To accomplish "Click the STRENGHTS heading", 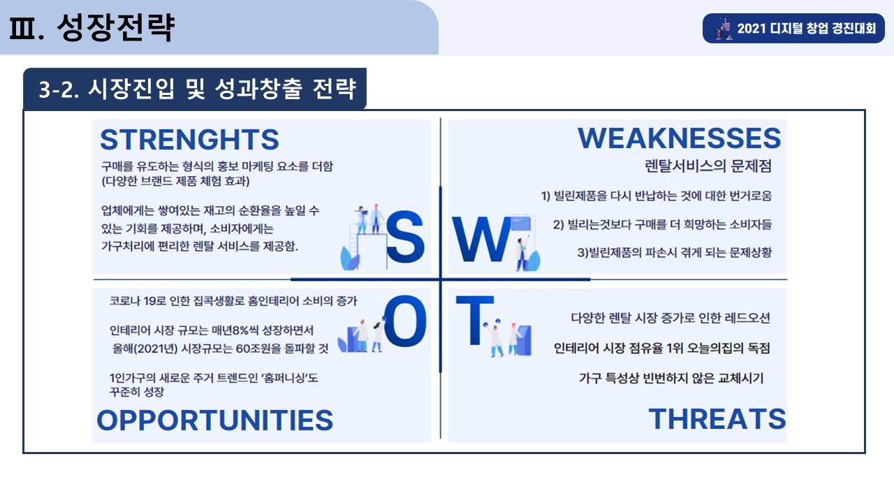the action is tap(189, 139).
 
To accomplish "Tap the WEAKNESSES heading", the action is tap(680, 138).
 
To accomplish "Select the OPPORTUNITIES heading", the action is tap(214, 421).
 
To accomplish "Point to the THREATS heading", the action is tap(717, 418).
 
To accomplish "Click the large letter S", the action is tap(404, 237).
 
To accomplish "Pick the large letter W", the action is tap(481, 239).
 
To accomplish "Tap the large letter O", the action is tap(405, 321).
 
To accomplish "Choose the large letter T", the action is tap(475, 320).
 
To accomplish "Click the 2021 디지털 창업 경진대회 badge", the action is tap(793, 29).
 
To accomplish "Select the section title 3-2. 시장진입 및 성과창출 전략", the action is tap(197, 89).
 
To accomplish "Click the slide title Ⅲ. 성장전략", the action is tap(91, 27).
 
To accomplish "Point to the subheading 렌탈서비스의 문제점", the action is tap(708, 166).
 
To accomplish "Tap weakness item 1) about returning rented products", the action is tap(657, 196).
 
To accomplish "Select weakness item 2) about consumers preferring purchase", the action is tap(663, 224).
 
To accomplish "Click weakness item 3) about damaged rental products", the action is tap(675, 252).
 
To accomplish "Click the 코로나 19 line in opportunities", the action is tap(233, 300).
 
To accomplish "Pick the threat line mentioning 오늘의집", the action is tap(661, 348).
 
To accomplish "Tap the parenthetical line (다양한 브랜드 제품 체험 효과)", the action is tap(175, 181).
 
